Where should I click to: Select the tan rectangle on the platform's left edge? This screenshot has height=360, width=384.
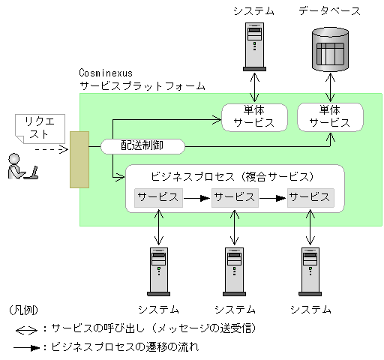79,159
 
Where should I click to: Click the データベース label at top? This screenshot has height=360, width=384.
329,11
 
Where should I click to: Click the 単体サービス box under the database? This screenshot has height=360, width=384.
330,116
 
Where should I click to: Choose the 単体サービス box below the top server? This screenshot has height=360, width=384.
253,116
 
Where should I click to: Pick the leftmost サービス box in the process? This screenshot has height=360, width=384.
157,197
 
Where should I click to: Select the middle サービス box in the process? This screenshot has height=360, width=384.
233,197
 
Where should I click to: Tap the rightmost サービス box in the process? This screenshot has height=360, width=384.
310,197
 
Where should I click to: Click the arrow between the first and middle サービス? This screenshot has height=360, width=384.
195,198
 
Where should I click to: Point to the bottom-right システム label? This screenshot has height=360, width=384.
310,309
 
